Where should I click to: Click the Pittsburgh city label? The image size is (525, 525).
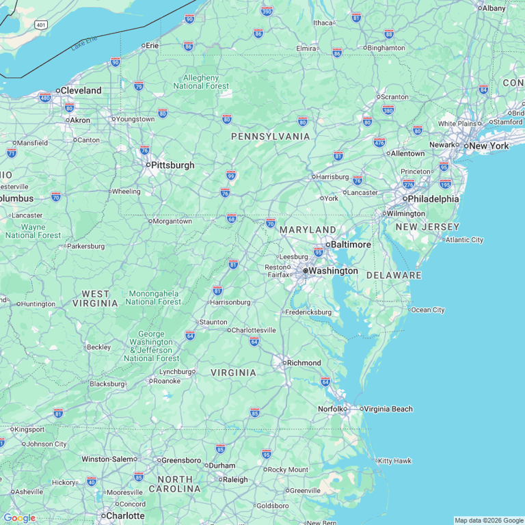(x=172, y=165)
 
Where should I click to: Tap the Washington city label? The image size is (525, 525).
(x=332, y=271)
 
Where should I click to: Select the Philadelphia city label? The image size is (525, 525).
(x=433, y=199)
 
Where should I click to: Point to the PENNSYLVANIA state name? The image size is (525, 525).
(x=270, y=137)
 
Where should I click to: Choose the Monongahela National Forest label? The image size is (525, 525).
(x=154, y=297)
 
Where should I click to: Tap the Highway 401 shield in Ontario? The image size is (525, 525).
(x=42, y=25)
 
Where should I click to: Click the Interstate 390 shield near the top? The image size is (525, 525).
(x=267, y=11)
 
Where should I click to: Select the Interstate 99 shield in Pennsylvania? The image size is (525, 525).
(x=231, y=176)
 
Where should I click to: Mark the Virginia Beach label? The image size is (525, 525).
(x=388, y=409)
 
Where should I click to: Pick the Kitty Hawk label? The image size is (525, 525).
(x=394, y=461)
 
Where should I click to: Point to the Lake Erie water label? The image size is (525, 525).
(x=84, y=44)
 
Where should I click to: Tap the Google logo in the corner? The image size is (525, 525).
(x=19, y=517)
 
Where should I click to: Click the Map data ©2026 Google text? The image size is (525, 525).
(x=489, y=520)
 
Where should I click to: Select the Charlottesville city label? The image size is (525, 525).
(x=254, y=330)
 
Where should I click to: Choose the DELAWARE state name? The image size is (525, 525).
(x=394, y=275)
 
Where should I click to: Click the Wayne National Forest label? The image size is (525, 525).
(x=32, y=231)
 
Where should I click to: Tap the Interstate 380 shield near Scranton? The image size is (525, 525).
(x=388, y=109)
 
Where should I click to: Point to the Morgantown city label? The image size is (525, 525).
(x=172, y=221)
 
